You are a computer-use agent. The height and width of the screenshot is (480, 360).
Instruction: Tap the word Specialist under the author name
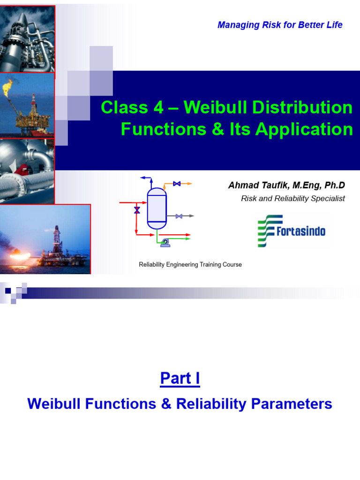[327, 199]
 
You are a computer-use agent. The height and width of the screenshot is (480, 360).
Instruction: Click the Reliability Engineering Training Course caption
[190, 265]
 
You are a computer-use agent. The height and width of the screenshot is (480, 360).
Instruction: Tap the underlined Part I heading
[180, 378]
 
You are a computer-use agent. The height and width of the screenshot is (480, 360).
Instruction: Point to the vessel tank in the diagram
[157, 208]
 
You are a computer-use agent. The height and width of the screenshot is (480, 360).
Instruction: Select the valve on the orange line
[177, 184]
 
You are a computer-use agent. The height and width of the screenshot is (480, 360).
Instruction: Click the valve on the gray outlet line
[179, 216]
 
